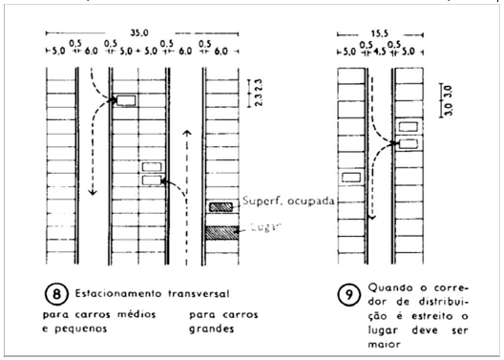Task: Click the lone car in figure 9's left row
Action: tap(349, 177)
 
